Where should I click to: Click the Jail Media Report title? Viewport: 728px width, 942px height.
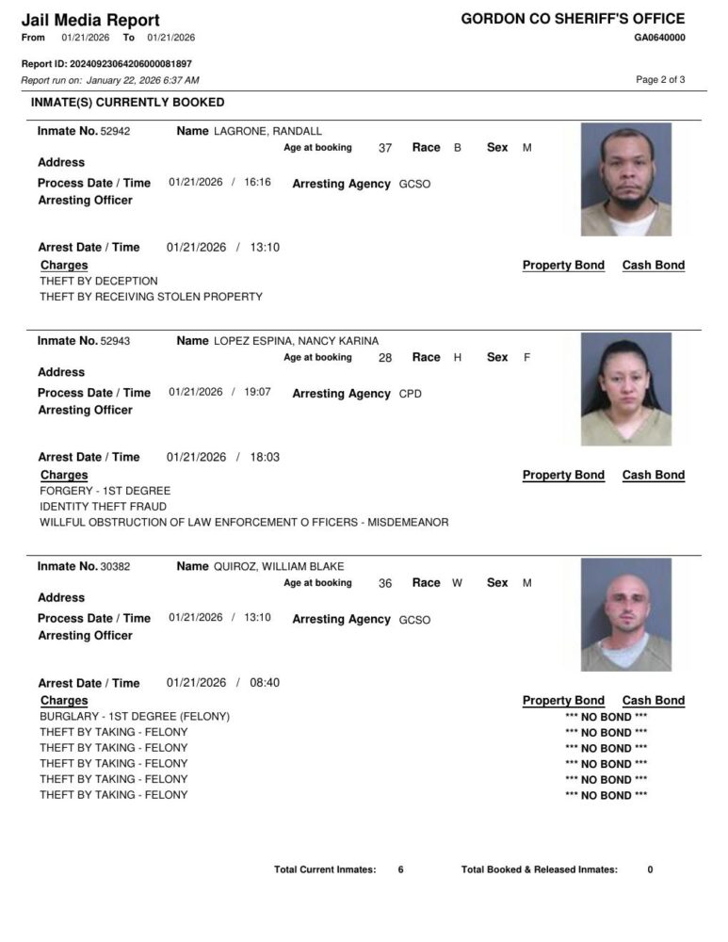[x=90, y=20]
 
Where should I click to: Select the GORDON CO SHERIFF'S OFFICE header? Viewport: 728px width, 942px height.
[x=573, y=19]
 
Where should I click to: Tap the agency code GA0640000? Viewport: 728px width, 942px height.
[x=659, y=38]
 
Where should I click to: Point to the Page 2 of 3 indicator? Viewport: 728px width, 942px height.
[x=660, y=80]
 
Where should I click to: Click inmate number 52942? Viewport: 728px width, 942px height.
[x=115, y=132]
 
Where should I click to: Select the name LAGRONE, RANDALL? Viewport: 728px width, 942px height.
[x=267, y=132]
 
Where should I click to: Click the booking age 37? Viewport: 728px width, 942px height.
[x=385, y=149]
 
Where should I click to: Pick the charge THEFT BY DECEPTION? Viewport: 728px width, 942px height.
[x=99, y=281]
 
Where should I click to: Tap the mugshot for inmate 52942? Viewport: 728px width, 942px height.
[x=625, y=179]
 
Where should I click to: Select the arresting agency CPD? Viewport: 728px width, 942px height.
[x=411, y=394]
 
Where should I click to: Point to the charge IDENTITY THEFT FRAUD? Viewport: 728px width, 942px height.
[x=104, y=507]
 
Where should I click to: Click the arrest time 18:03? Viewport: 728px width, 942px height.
[x=265, y=457]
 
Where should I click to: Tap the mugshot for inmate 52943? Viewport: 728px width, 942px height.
[x=625, y=388]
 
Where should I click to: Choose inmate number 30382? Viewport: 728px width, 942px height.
[x=115, y=567]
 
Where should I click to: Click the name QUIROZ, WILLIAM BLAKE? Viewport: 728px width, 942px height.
[x=279, y=567]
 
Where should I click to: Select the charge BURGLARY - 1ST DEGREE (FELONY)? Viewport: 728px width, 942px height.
[x=135, y=717]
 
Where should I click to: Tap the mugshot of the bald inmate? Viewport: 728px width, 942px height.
[x=625, y=614]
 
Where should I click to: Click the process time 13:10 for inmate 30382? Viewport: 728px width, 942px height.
[x=257, y=618]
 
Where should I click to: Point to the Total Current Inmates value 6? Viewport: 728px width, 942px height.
[x=400, y=869]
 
